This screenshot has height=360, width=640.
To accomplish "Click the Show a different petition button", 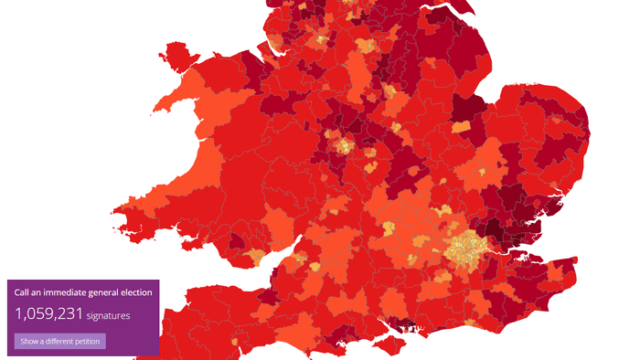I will (x=60, y=341).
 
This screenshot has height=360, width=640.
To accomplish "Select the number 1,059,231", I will (x=49, y=314).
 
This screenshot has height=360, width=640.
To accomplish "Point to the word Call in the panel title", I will (x=23, y=292).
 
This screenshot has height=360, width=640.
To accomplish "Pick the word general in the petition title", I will (x=104, y=292).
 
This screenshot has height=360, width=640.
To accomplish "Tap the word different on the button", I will (x=64, y=341).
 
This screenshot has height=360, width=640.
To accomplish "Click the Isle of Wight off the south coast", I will (x=388, y=344).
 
